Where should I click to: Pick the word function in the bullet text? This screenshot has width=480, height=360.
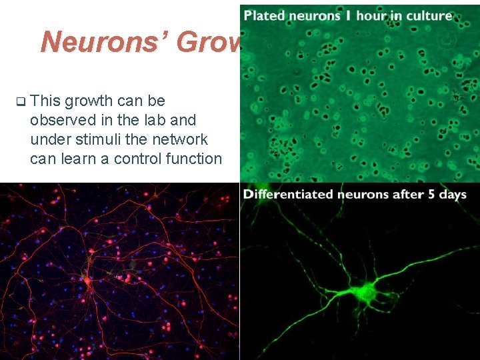point(194,159)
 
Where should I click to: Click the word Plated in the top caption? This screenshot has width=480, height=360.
point(265,15)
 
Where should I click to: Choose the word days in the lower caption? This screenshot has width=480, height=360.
point(453,195)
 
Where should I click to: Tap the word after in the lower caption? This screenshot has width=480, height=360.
point(403,195)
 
